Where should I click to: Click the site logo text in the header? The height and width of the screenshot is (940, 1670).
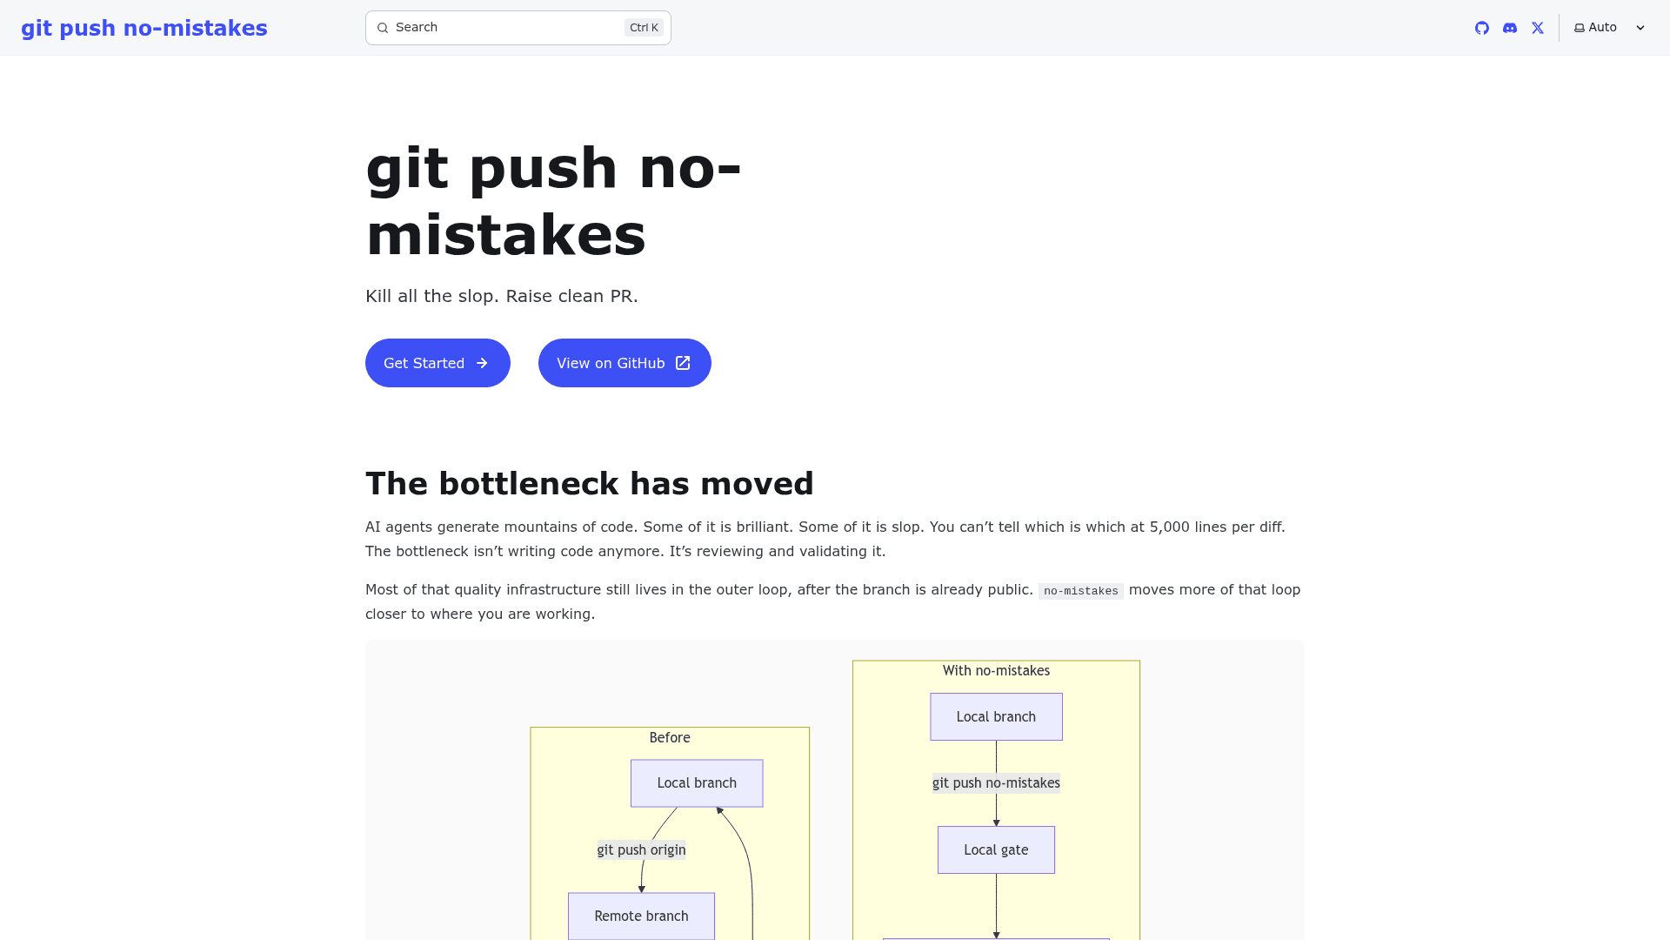pos(144,28)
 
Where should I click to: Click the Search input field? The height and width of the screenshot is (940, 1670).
pos(518,28)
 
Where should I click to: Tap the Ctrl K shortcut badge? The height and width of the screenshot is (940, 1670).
pos(644,28)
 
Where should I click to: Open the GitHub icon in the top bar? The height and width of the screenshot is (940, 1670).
pos(1482,28)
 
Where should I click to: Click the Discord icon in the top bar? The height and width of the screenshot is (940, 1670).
pos(1510,28)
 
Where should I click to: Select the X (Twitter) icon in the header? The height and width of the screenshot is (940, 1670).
pos(1538,28)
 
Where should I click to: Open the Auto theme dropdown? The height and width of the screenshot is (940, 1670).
pos(1609,28)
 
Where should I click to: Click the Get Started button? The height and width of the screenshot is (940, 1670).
pos(438,363)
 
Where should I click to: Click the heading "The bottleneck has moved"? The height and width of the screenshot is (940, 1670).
pos(590,484)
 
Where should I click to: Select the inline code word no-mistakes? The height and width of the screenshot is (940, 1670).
pos(1081,591)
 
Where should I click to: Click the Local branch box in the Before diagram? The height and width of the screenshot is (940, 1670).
pos(697,783)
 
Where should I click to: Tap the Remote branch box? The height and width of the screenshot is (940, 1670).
pos(642,916)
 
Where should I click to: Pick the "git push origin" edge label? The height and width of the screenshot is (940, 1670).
pos(642,850)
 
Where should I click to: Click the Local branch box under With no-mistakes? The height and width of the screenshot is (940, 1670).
pos(996,717)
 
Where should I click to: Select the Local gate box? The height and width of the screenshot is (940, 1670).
pos(996,850)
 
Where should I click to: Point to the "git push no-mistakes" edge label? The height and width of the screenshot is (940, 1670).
pos(996,783)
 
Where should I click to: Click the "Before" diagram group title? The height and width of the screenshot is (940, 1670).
pos(670,738)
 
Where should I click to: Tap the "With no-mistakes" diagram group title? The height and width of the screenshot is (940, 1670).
pos(996,671)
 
